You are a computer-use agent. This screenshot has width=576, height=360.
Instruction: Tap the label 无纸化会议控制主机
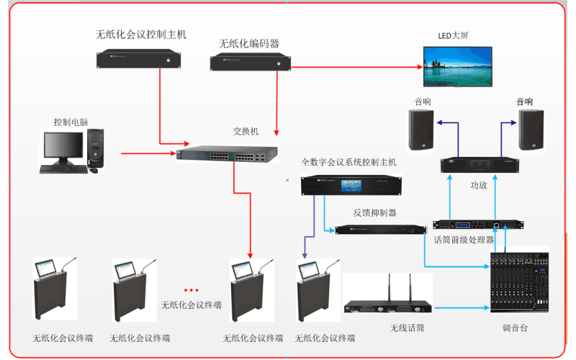[141, 34]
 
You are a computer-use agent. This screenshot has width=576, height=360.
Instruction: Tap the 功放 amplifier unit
[480, 165]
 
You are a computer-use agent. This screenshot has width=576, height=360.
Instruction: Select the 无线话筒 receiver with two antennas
[389, 307]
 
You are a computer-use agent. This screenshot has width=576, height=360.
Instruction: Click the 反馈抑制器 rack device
[381, 230]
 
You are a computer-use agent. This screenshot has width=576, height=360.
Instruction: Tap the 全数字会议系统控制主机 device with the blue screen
[348, 185]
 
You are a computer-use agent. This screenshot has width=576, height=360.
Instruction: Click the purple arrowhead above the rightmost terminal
[305, 253]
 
